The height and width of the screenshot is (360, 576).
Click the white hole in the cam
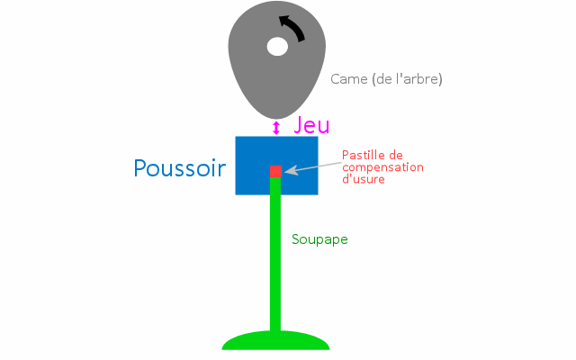277,47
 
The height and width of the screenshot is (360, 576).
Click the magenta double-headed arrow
276,128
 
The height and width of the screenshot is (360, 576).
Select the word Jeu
311,125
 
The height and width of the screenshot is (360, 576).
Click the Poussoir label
180,168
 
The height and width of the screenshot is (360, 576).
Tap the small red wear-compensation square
276,171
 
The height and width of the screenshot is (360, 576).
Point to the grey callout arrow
313,166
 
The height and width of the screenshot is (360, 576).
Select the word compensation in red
382,168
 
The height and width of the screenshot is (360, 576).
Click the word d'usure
364,179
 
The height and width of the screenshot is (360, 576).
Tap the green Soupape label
319,239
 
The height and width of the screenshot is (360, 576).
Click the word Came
349,79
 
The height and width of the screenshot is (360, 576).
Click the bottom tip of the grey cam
276,120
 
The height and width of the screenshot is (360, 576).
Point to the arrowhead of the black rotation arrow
284,21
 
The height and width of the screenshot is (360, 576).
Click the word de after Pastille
396,156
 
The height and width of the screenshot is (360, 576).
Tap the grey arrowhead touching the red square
290,170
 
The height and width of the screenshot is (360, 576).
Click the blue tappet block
276,166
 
